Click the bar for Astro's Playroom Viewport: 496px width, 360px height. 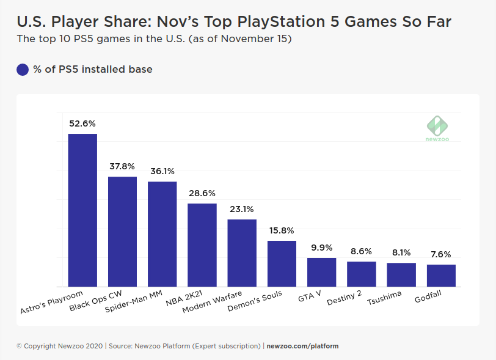pos(82,210)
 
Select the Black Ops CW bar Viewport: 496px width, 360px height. pos(122,232)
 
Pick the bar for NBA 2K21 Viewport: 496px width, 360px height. pos(202,245)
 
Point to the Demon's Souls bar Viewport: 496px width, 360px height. pos(282,263)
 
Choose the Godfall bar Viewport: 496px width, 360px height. pos(441,276)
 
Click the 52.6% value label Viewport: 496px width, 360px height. pos(82,123)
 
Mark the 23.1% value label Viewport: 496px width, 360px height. pos(242,209)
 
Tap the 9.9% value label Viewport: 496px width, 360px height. pos(321,248)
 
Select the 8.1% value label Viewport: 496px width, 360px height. pos(401,252)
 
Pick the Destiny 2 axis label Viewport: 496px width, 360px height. pos(344,298)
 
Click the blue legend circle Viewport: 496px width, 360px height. pos(23,70)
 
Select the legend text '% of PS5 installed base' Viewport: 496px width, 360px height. pos(93,70)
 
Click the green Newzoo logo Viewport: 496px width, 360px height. pos(437,127)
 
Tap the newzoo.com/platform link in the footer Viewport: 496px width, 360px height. pos(302,346)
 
